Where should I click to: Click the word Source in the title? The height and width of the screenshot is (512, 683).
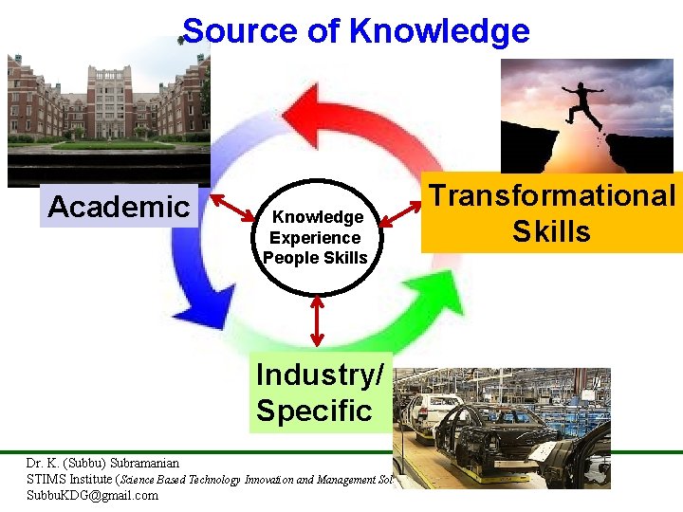pyautogui.click(x=241, y=31)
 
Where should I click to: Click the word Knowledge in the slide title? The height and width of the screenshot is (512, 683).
pyautogui.click(x=439, y=31)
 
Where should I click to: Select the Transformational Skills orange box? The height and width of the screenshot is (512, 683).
pyautogui.click(x=552, y=213)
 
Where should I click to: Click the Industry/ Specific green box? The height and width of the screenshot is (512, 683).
pyautogui.click(x=320, y=393)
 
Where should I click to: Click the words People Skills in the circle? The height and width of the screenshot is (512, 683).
pyautogui.click(x=316, y=257)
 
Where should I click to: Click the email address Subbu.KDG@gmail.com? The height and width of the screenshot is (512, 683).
pyautogui.click(x=92, y=495)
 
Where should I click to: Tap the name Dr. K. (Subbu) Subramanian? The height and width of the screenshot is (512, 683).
pyautogui.click(x=102, y=464)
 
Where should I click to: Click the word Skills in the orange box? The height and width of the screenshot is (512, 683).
pyautogui.click(x=552, y=231)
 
